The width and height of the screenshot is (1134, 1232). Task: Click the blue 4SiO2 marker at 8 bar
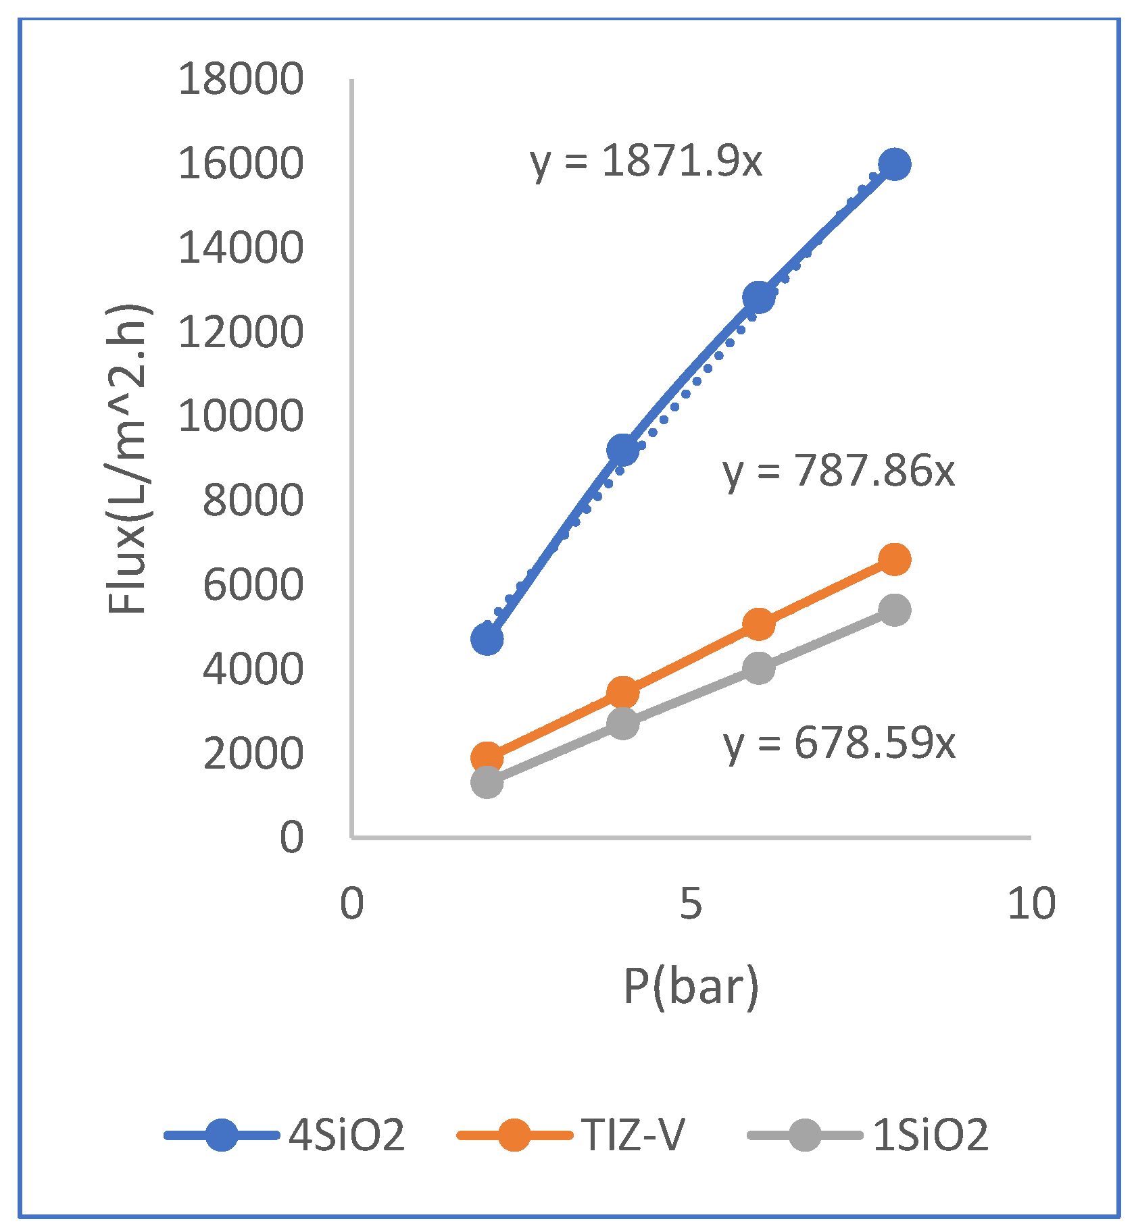[x=895, y=164]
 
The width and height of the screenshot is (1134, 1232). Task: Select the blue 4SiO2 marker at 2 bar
[x=487, y=638]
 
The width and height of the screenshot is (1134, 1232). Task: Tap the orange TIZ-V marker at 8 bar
[x=895, y=559]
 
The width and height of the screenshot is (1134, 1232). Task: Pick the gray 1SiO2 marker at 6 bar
[x=758, y=668]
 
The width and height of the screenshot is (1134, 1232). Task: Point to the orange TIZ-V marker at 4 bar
[x=622, y=692]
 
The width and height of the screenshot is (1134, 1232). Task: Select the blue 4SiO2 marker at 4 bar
[x=622, y=449]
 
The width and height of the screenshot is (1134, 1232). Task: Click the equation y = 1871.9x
[x=646, y=162]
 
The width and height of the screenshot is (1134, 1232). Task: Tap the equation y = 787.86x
[x=839, y=471]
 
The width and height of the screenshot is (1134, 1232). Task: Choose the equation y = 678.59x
[x=839, y=744]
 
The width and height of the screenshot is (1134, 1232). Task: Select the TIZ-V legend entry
[x=572, y=1134]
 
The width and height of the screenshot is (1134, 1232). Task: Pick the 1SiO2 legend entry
[x=869, y=1134]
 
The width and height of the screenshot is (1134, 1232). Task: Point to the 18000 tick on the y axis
[x=241, y=79]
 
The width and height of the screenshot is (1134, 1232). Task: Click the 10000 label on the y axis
[x=241, y=416]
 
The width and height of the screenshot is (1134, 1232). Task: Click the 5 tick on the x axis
[x=691, y=903]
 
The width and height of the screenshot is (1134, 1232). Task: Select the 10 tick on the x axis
[x=1031, y=903]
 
